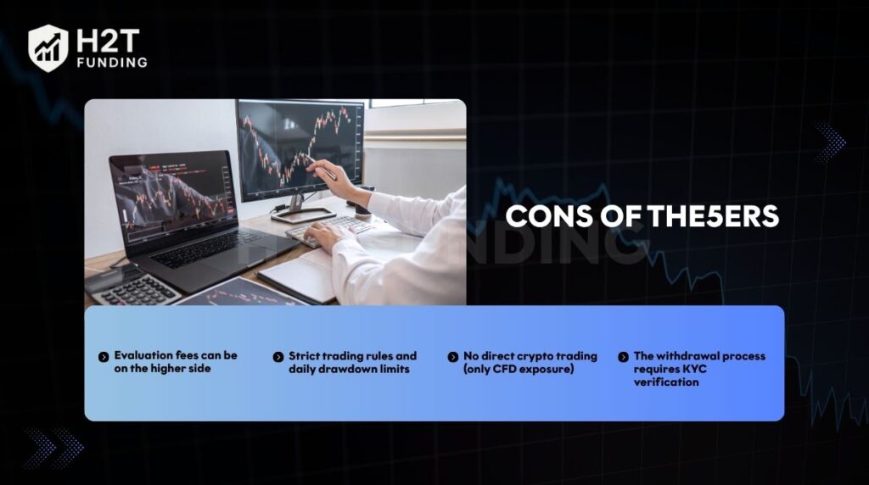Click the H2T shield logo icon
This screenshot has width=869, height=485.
click(x=48, y=48)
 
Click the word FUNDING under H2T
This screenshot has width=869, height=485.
click(x=113, y=63)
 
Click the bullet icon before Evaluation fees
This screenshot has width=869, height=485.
click(x=104, y=357)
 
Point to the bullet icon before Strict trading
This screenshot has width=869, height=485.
click(x=278, y=357)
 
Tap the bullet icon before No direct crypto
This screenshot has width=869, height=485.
click(x=453, y=357)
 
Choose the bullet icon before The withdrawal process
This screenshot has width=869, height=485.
click(x=624, y=357)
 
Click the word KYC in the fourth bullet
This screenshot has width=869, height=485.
click(x=696, y=369)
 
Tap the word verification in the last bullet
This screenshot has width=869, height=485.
click(x=666, y=382)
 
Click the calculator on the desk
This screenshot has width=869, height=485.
click(x=130, y=287)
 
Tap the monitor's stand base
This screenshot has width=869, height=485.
click(x=304, y=215)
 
